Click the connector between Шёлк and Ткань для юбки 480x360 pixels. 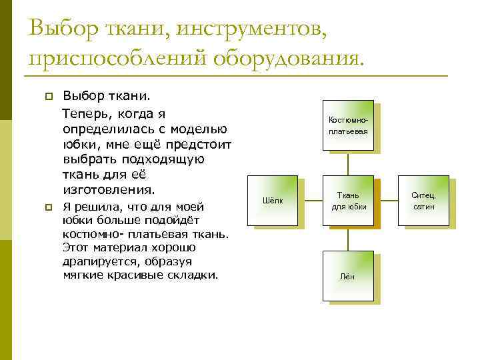pos(310,201)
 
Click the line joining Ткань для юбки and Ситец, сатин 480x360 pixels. pos(385,201)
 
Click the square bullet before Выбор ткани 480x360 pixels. pos(47,98)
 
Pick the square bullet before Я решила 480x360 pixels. pos(47,208)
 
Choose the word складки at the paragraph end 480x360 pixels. pos(195,274)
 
